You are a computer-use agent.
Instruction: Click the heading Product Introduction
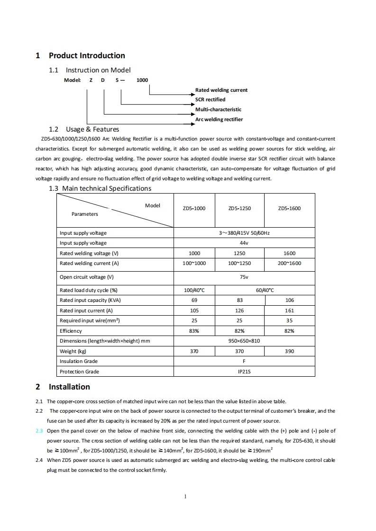tap(87, 56)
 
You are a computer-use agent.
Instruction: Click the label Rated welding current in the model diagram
tap(221, 90)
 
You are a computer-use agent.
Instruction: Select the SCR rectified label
tap(210, 99)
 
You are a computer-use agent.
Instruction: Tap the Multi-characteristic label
tap(218, 109)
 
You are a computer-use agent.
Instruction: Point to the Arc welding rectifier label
tap(219, 119)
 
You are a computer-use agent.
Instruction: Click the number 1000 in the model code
tap(142, 80)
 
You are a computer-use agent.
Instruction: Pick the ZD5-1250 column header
tap(239, 208)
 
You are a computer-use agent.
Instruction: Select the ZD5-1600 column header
tap(289, 208)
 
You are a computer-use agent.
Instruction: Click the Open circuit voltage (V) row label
tap(86, 277)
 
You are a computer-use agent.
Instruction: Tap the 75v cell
tap(244, 277)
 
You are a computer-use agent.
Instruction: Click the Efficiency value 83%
tap(194, 331)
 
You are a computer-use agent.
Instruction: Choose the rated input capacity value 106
tap(290, 300)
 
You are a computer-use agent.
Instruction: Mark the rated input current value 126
tap(239, 310)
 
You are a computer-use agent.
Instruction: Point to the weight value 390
tap(290, 351)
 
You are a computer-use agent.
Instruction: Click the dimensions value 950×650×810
tap(244, 341)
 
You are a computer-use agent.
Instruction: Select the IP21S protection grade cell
tap(244, 372)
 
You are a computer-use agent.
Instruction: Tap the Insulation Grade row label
tap(78, 361)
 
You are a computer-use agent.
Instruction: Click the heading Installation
tap(69, 387)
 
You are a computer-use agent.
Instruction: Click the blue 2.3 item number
tap(39, 431)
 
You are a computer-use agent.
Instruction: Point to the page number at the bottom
tap(185, 496)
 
